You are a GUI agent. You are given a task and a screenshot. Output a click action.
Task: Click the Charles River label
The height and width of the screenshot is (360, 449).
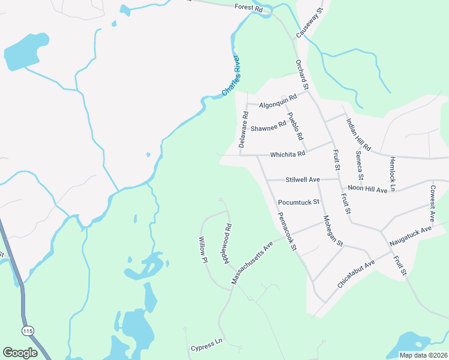[x=231, y=76]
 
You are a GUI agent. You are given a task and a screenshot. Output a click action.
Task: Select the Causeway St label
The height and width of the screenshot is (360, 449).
[x=310, y=24]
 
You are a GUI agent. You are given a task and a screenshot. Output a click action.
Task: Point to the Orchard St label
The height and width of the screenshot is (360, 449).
[x=301, y=74]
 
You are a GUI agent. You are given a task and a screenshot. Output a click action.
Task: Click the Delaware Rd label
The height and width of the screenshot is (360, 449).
[x=244, y=130]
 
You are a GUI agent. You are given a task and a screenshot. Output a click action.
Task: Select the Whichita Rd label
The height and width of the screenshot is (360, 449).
[x=288, y=154]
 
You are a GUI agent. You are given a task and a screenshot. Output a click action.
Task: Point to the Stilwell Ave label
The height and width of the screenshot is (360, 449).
[x=303, y=179]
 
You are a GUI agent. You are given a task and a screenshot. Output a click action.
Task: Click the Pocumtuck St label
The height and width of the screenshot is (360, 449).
[x=298, y=202]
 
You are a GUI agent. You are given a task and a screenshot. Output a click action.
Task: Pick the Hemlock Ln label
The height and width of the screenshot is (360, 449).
[x=392, y=174]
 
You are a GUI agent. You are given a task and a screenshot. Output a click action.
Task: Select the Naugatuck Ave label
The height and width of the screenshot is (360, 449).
[x=411, y=235]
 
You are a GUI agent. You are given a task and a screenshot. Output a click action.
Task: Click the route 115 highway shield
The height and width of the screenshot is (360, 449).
[x=27, y=331]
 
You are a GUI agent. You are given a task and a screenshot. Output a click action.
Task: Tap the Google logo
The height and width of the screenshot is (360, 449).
[x=20, y=353]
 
